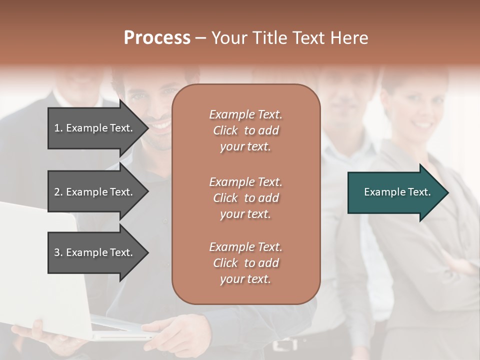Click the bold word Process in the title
click(x=157, y=38)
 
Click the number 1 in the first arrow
click(x=57, y=128)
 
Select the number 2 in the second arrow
click(x=57, y=192)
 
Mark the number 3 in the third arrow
click(x=57, y=252)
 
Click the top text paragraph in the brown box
click(x=245, y=130)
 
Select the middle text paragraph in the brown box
click(x=245, y=197)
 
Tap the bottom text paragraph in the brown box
click(x=245, y=263)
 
